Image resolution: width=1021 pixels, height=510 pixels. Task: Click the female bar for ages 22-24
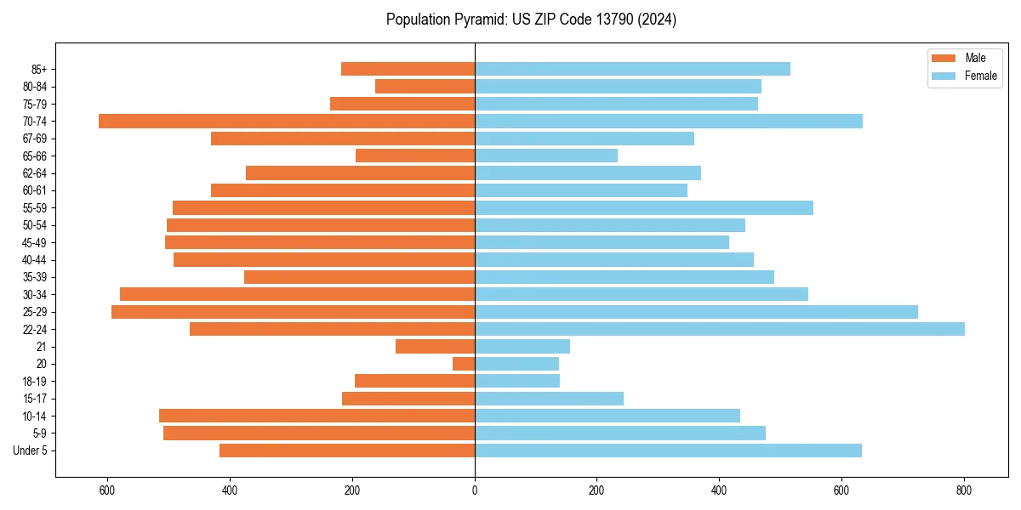pyautogui.click(x=719, y=329)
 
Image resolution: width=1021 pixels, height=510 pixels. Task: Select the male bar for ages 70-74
pyautogui.click(x=287, y=122)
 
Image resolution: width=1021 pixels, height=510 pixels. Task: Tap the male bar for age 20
pyautogui.click(x=464, y=364)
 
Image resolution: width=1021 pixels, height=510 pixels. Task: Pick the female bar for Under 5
pyautogui.click(x=668, y=450)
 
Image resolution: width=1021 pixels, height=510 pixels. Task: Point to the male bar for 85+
pyautogui.click(x=408, y=69)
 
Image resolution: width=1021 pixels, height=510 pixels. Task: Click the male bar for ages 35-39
pyautogui.click(x=359, y=277)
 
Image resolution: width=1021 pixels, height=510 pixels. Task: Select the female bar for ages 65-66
pyautogui.click(x=546, y=156)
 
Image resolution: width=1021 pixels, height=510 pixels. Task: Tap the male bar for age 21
pyautogui.click(x=435, y=347)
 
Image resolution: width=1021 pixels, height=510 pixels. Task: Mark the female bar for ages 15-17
pyautogui.click(x=549, y=399)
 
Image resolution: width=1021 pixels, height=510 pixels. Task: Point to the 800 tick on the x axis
pyautogui.click(x=964, y=490)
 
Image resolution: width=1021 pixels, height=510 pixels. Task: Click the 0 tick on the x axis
pyautogui.click(x=475, y=490)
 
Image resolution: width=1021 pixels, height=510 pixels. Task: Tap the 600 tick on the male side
pyautogui.click(x=107, y=490)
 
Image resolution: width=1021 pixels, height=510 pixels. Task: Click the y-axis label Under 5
pyautogui.click(x=31, y=450)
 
